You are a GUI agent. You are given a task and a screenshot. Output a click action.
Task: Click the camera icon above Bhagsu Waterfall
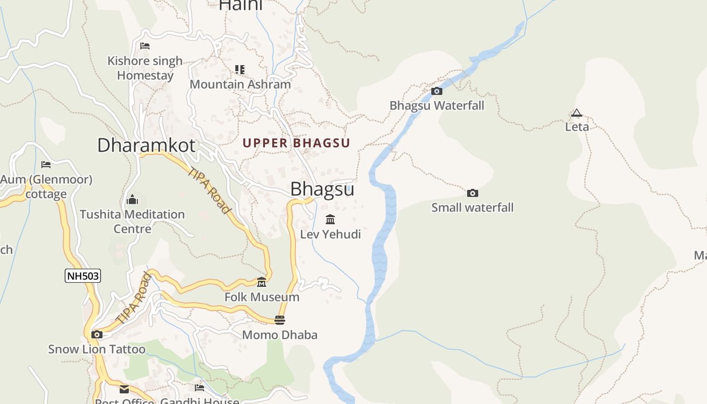click(x=437, y=91)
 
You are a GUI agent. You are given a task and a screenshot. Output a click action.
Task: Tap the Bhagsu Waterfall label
click(x=437, y=106)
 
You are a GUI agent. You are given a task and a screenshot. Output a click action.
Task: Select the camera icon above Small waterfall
click(x=473, y=193)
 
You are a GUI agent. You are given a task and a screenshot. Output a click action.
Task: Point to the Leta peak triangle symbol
click(x=577, y=113)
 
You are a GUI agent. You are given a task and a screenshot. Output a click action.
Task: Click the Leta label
click(x=577, y=127)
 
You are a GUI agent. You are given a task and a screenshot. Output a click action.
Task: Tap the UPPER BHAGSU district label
click(x=296, y=143)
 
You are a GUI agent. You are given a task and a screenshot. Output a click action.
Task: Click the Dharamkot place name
click(x=146, y=145)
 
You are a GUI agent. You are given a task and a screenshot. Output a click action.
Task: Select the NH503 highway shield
click(x=83, y=276)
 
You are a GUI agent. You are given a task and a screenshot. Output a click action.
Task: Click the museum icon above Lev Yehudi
click(x=330, y=219)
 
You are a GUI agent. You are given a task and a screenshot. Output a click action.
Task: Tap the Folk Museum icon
click(x=262, y=282)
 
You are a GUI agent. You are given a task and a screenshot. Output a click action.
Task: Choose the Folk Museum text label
click(x=262, y=297)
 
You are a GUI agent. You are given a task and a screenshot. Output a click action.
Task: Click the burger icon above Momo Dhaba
click(x=280, y=320)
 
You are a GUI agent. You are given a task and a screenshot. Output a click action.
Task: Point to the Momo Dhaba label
click(x=280, y=335)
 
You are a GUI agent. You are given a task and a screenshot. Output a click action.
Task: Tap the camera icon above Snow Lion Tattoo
click(x=96, y=334)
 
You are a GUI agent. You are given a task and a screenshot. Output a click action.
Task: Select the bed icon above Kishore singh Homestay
click(x=145, y=46)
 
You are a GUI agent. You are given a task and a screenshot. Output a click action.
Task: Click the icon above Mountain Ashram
click(x=240, y=69)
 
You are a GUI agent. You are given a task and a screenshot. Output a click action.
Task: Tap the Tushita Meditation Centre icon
click(x=132, y=199)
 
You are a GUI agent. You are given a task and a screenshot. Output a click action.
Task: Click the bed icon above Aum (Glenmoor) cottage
click(x=46, y=165)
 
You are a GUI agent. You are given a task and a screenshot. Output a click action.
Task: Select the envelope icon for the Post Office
click(x=124, y=389)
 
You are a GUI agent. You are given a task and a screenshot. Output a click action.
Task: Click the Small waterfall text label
click(x=472, y=208)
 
